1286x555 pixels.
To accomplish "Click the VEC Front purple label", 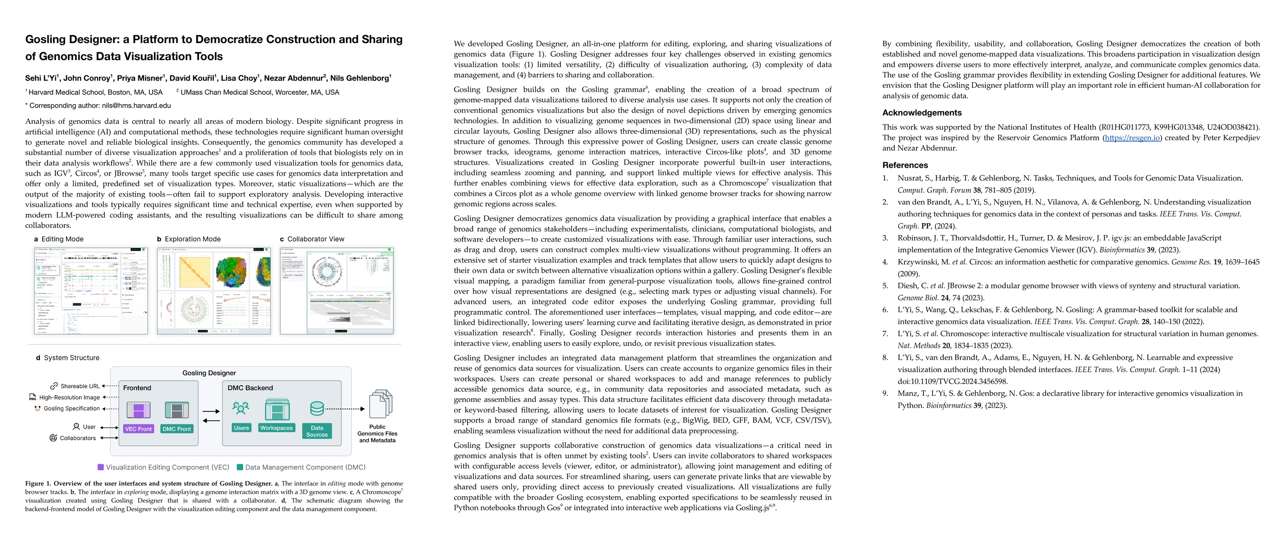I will (138, 429).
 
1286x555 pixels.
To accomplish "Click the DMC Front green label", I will (177, 429).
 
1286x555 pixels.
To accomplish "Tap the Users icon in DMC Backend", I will (240, 409).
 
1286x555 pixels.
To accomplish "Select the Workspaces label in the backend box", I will (276, 428).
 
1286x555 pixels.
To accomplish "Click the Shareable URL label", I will (80, 386).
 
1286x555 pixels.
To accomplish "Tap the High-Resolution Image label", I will (69, 397).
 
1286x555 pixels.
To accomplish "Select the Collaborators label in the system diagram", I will (77, 438).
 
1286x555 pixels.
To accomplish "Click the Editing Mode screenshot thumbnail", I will (91, 290).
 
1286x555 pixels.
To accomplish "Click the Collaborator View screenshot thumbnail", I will (337, 290).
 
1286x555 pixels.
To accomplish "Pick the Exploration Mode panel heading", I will (192, 239).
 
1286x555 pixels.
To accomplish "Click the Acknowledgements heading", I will (922, 113).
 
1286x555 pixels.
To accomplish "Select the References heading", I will (905, 165).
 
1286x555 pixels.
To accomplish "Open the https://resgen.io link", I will (1132, 138).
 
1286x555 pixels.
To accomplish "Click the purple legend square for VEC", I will (100, 467).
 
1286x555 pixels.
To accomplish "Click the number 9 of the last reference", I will (885, 393).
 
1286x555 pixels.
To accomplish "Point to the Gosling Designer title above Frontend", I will (209, 373).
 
